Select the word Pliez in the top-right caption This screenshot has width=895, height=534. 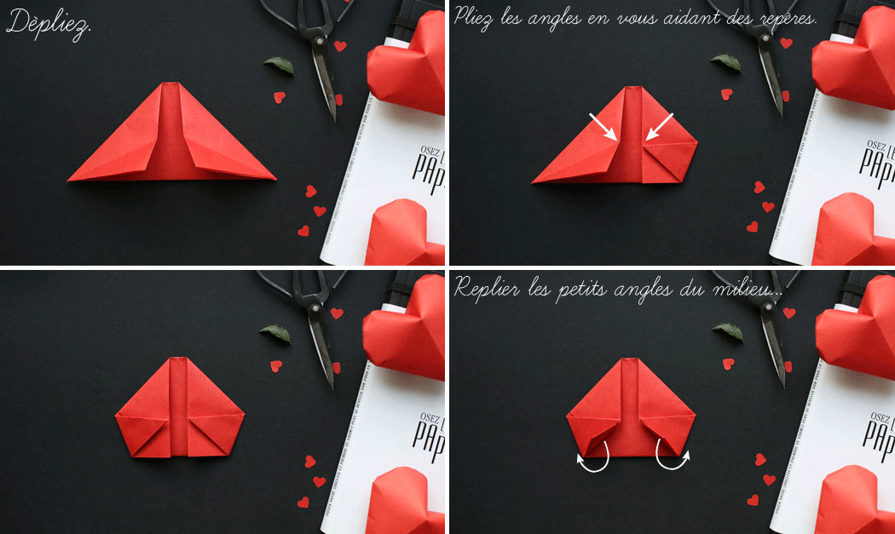(477, 17)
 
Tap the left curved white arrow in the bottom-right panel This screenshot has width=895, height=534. (594, 458)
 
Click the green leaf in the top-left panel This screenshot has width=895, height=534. (279, 65)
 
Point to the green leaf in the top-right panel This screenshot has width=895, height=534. (726, 61)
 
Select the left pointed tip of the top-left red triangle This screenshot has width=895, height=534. (72, 179)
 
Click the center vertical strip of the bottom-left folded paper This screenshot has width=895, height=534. (180, 409)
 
